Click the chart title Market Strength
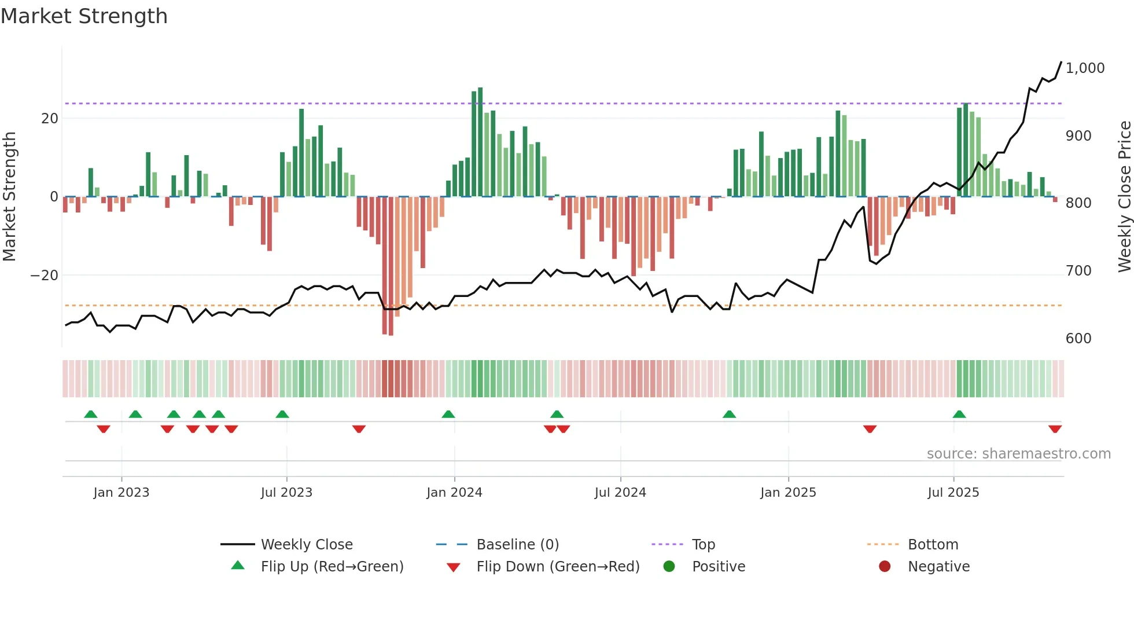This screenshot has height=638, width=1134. point(84,16)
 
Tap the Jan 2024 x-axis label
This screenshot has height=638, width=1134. point(454,493)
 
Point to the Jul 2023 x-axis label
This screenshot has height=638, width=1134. point(286,493)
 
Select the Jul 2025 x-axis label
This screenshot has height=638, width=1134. point(953,493)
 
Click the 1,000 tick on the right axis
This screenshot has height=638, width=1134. point(1085,68)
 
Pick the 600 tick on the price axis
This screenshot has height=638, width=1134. point(1078,339)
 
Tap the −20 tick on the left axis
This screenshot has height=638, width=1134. point(45,276)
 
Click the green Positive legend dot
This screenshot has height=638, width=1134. point(669,567)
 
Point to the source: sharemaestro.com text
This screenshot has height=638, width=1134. point(1018,454)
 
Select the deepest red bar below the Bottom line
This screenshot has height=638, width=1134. point(391,266)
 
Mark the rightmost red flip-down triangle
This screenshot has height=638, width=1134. point(1055,429)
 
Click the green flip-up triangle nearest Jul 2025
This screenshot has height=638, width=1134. point(959,414)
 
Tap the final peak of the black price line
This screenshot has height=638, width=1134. point(1061,63)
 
